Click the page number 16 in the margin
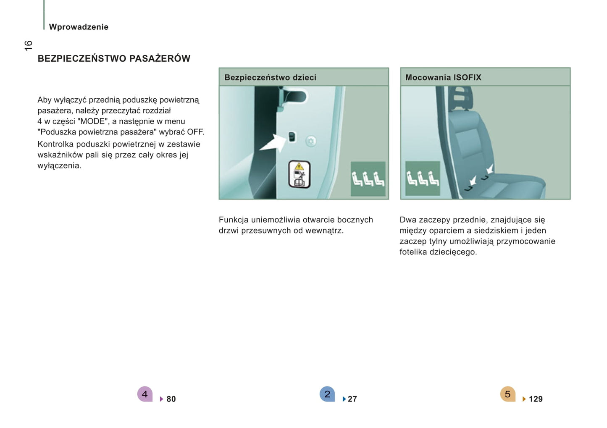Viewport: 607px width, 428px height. [28, 45]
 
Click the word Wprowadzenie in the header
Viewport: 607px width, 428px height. [79, 27]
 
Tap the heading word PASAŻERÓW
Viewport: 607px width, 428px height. [160, 58]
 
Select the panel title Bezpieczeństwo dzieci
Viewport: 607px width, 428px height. [270, 77]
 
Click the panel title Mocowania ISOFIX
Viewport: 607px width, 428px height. [443, 77]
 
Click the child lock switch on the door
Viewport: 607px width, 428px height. [292, 137]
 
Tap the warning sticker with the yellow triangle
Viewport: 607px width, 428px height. [299, 174]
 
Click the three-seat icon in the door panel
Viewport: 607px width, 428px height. [368, 179]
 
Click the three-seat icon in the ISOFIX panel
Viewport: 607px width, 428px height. [423, 178]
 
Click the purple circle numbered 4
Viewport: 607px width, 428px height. [145, 394]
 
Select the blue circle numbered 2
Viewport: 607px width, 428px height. [327, 394]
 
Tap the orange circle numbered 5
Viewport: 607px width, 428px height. [508, 394]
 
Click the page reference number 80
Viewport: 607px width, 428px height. [171, 399]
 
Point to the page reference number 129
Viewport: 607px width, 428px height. [536, 399]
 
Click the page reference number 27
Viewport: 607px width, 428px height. [352, 399]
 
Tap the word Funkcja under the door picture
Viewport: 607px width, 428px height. [234, 220]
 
